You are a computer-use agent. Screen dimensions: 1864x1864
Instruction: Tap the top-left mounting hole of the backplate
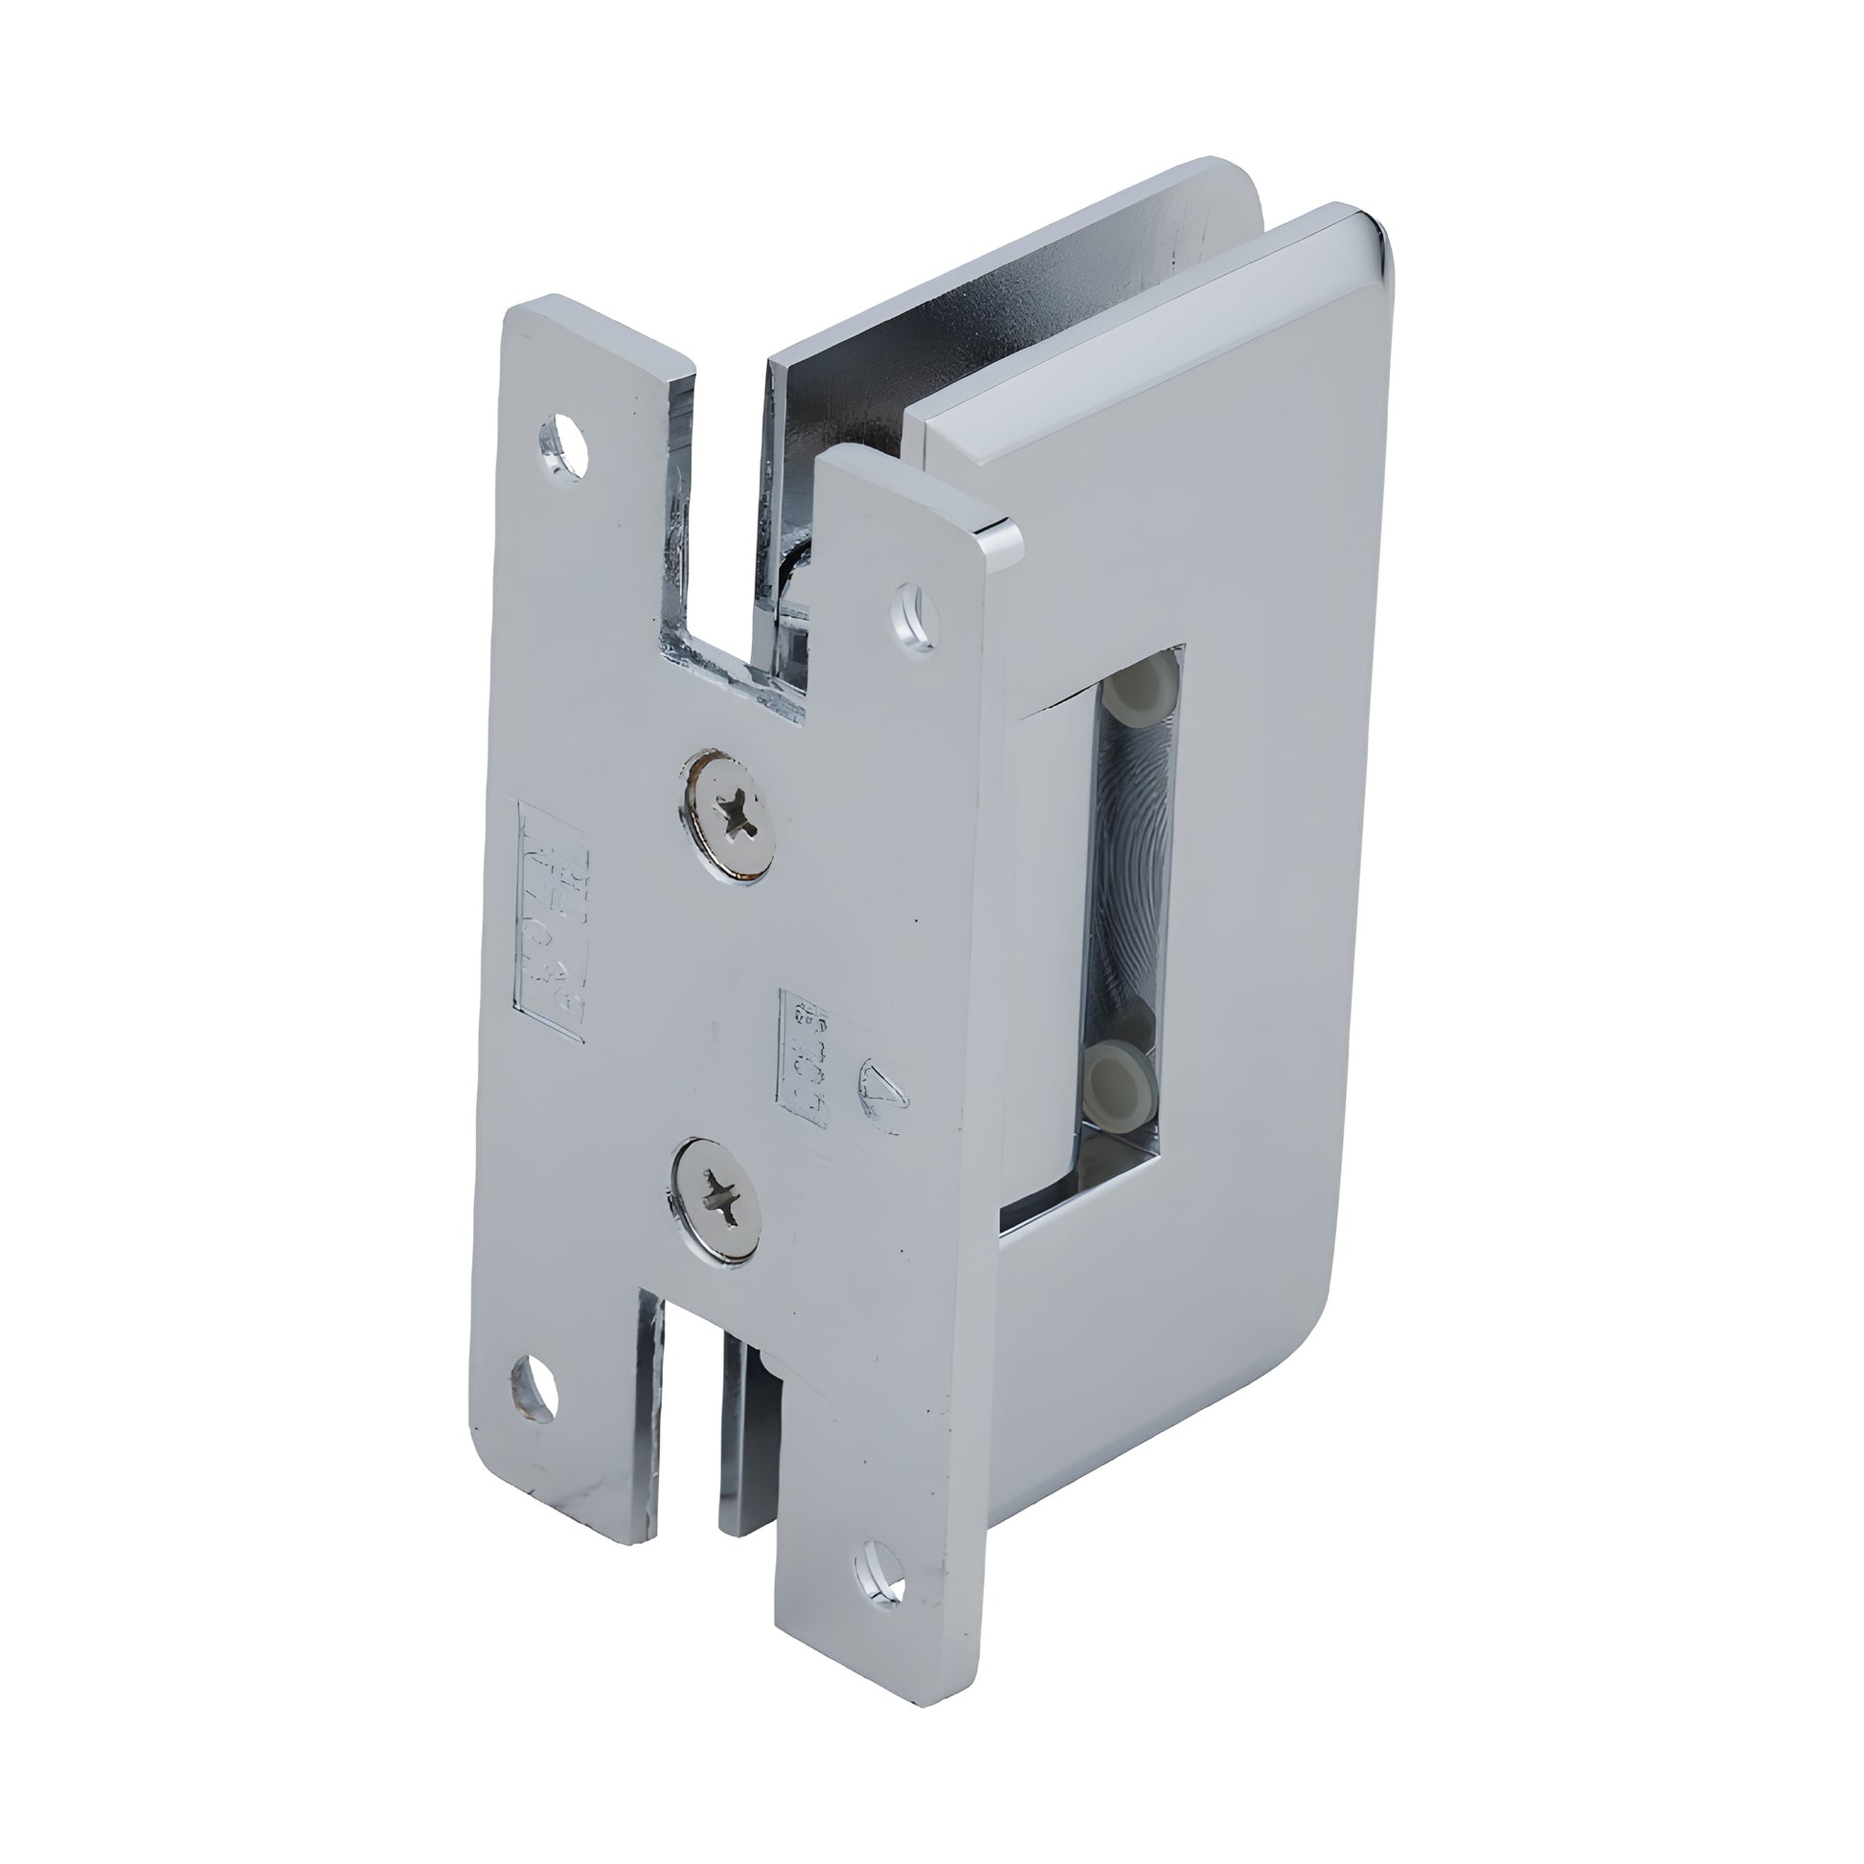point(564,443)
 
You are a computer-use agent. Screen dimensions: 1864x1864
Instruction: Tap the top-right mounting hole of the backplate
point(912,615)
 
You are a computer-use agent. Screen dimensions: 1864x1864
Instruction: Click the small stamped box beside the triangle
point(803,1057)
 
